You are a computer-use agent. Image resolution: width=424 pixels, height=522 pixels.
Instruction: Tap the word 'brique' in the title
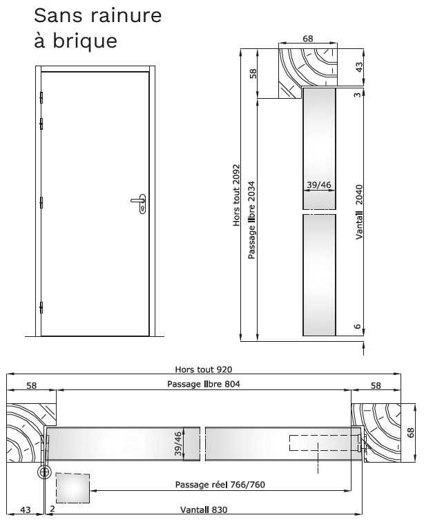click(85, 40)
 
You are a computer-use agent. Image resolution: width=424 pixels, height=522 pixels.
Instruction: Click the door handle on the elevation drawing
click(139, 203)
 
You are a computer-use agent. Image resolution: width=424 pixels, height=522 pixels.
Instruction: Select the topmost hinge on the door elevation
click(41, 97)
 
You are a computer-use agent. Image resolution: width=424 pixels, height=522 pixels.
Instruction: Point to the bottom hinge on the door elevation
click(41, 307)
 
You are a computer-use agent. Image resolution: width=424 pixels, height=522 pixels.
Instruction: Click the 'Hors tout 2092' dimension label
click(236, 195)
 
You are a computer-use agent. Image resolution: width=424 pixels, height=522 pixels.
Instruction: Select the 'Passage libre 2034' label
click(251, 220)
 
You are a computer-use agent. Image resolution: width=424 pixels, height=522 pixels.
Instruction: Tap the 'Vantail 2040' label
click(358, 212)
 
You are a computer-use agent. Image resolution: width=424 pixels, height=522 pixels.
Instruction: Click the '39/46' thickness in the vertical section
click(319, 184)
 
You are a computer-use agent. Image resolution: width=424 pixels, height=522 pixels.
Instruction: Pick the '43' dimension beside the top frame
click(359, 67)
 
